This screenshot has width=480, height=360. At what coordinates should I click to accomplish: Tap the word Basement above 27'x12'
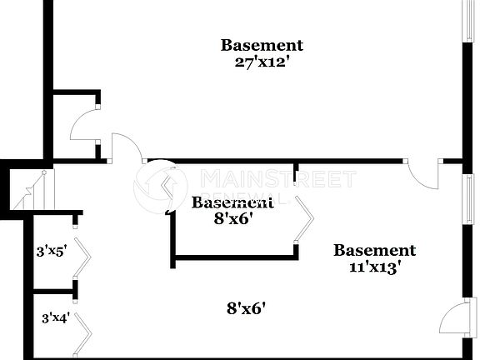(261, 45)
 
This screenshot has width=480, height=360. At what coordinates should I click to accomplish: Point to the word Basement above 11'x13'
(374, 250)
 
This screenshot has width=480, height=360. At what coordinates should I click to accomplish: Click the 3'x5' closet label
(53, 248)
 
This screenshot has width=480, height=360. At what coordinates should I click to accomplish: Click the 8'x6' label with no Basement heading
(247, 309)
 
